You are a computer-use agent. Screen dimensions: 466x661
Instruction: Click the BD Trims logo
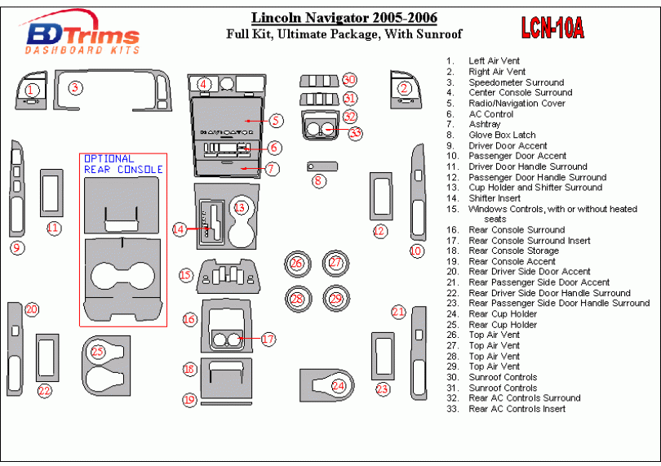pos(72,37)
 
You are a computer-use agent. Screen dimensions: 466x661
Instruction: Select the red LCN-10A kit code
pos(552,29)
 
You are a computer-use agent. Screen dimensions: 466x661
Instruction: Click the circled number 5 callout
pos(276,120)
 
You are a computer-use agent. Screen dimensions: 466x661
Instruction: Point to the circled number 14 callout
pos(180,230)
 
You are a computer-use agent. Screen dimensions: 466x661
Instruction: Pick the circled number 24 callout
pos(338,386)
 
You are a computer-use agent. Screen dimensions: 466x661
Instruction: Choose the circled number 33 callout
pos(354,133)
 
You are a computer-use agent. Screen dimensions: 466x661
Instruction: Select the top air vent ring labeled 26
pos(297,263)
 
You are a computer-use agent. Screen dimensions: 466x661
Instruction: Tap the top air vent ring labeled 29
pos(336,299)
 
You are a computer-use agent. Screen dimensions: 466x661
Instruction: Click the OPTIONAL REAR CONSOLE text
pos(123,164)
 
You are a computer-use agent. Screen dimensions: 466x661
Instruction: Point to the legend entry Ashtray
pos(485,124)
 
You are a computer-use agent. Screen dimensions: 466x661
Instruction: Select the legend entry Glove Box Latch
pos(502,135)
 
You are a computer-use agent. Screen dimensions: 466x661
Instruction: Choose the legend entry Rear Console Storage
pos(513,251)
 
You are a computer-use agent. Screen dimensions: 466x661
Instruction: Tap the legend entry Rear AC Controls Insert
pos(517,409)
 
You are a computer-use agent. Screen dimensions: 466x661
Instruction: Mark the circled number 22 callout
pos(45,391)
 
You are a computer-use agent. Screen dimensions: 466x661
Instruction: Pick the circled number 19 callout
pos(189,400)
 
